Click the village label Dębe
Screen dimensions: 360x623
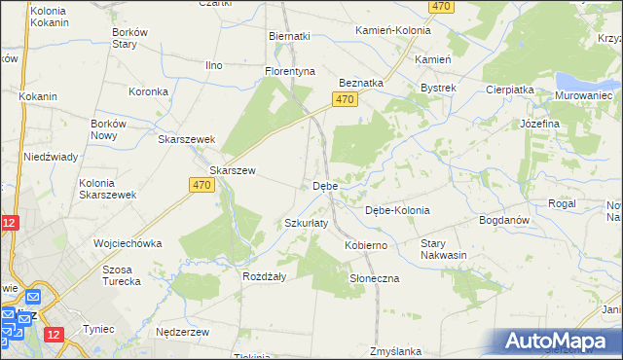pyautogui.click(x=324, y=185)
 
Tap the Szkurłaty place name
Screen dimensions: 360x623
pyautogui.click(x=306, y=223)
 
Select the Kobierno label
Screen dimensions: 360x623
pyautogui.click(x=366, y=245)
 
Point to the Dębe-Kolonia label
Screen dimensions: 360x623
pyautogui.click(x=396, y=210)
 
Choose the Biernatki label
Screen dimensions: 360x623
pyautogui.click(x=289, y=36)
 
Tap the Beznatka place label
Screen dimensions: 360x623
pyautogui.click(x=360, y=84)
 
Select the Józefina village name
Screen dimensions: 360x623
pyautogui.click(x=539, y=125)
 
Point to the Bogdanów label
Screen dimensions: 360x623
pyautogui.click(x=504, y=220)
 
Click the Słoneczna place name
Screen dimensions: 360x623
pyautogui.click(x=375, y=278)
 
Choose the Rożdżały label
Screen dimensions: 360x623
pyautogui.click(x=263, y=275)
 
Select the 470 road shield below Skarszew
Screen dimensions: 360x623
pyautogui.click(x=202, y=185)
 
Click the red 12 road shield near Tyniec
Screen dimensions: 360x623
pyautogui.click(x=53, y=335)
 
